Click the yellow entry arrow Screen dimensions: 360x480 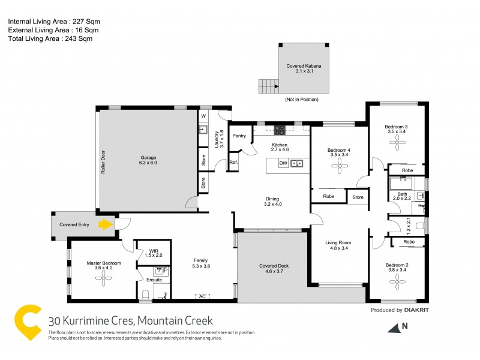pos(106,225)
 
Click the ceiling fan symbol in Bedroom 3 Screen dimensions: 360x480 pos(397,142)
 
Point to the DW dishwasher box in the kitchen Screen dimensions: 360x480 pos(283,163)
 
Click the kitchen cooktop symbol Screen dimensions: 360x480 pos(280,130)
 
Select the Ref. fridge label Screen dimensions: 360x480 pos(233,163)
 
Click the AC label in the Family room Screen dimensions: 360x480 pos(202,295)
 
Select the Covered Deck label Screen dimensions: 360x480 pos(273,268)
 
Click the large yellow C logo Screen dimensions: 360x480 pos(28,324)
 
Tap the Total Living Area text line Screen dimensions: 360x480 pos(50,38)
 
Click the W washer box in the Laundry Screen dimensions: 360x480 pos(203,115)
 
